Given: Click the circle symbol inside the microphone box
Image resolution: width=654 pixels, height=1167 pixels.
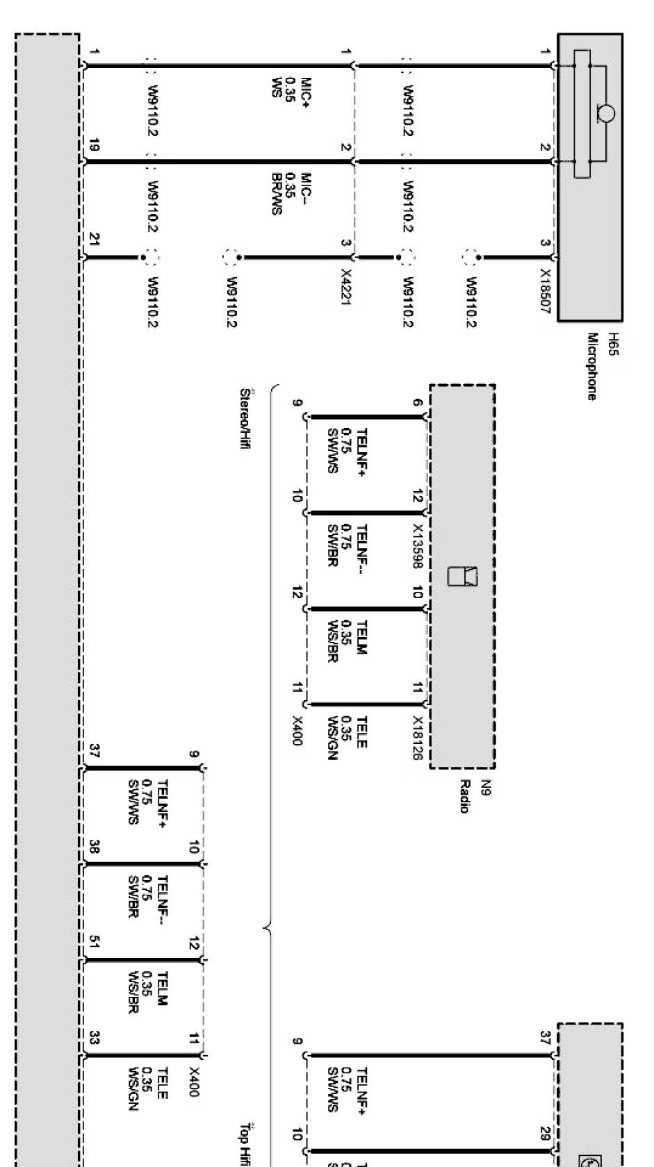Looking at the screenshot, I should click(x=605, y=114).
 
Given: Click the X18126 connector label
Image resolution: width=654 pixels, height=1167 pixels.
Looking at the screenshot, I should click(x=418, y=738).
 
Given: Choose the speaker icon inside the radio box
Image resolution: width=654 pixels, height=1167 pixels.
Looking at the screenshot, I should click(x=462, y=576).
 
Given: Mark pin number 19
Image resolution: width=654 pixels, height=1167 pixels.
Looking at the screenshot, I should click(x=95, y=146).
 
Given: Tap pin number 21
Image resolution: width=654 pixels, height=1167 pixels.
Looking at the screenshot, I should click(x=95, y=240).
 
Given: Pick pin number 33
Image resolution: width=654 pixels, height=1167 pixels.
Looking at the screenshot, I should click(x=95, y=1038).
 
